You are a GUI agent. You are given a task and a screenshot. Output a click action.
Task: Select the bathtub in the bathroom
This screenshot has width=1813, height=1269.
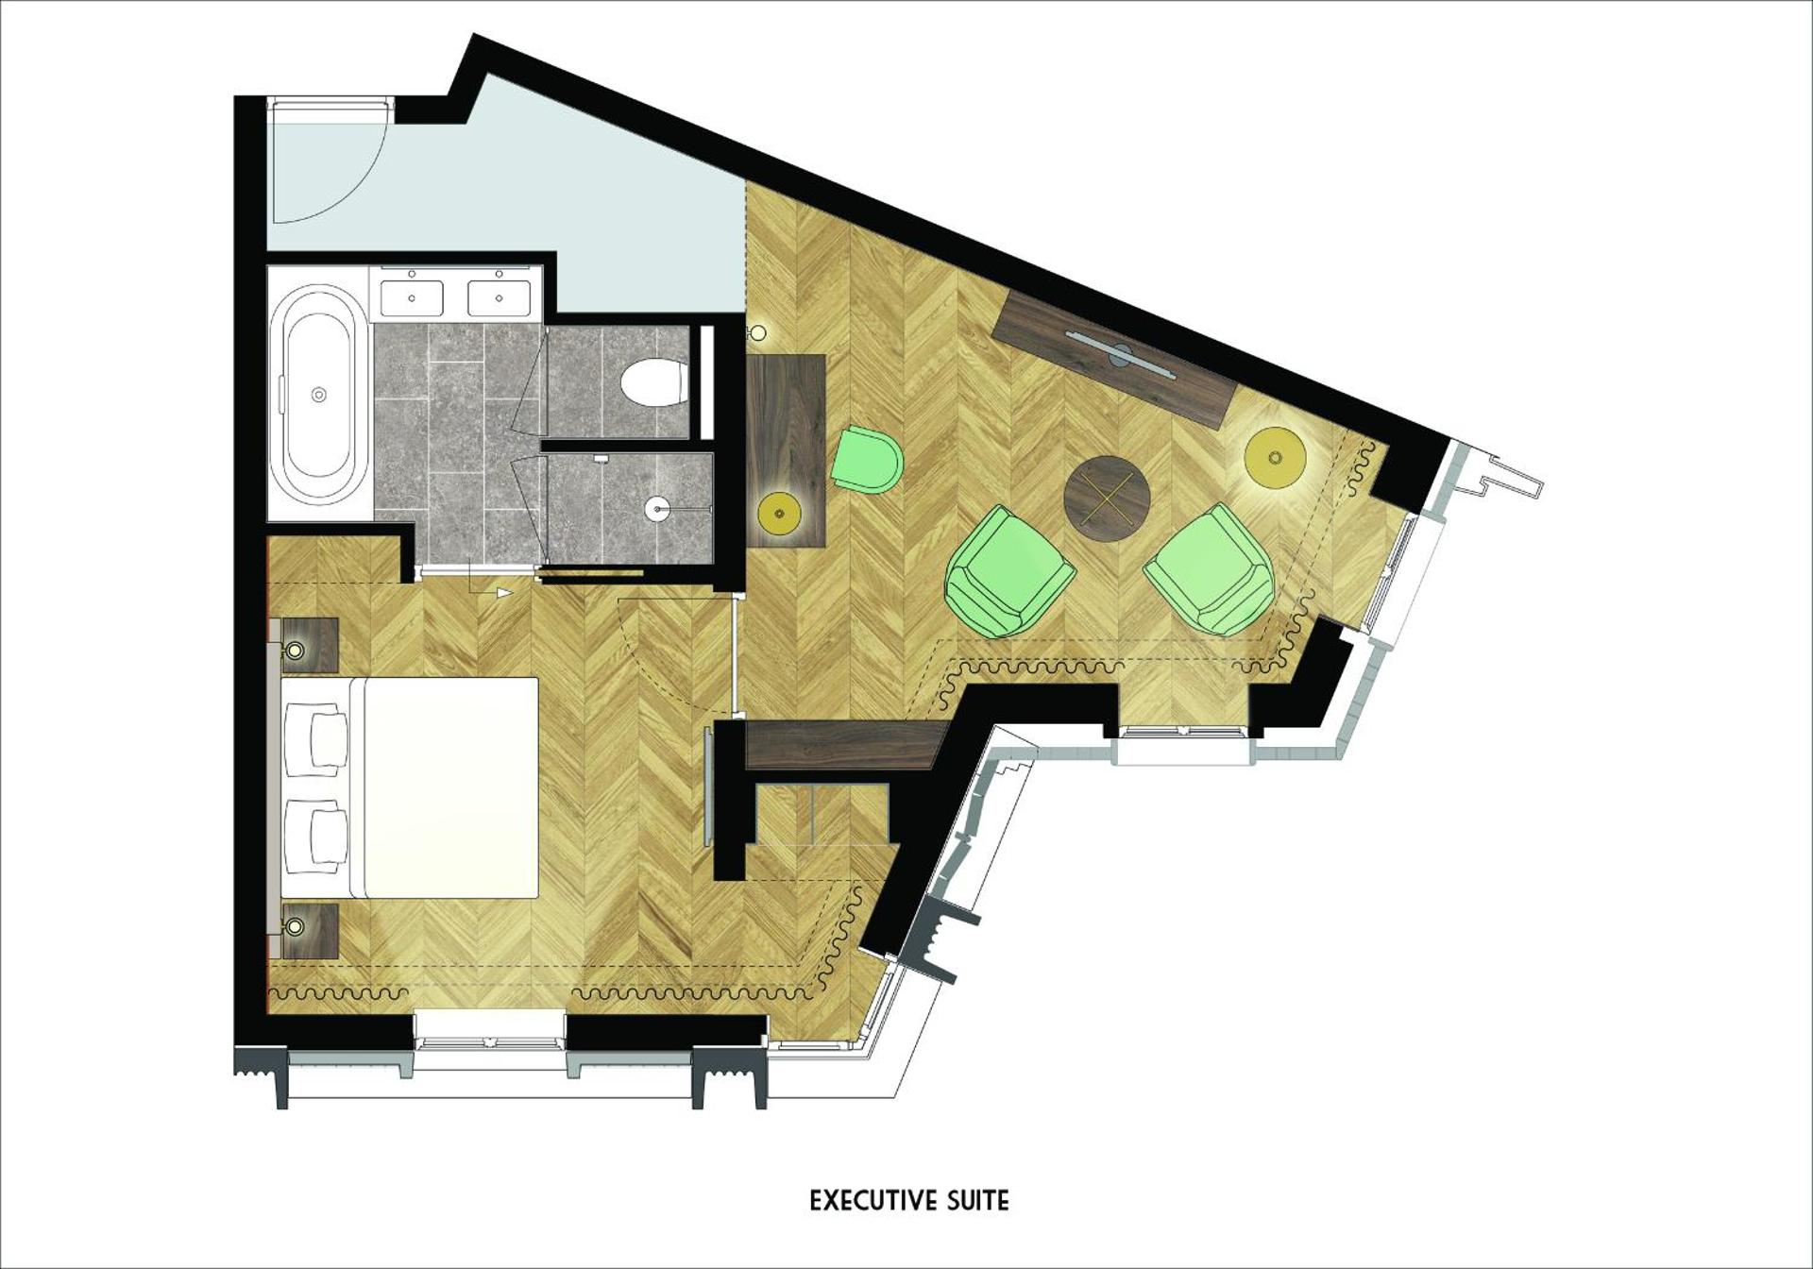[317, 394]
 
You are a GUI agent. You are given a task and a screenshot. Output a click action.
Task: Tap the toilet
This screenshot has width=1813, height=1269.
[653, 382]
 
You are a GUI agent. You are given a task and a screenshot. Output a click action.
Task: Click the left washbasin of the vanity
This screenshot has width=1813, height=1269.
[413, 298]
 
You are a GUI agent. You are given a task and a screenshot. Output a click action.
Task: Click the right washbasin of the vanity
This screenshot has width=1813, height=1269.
[499, 298]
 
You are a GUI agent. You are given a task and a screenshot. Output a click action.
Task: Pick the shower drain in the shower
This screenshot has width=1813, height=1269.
[658, 510]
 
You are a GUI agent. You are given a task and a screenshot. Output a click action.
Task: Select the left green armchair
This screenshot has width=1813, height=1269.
[1008, 570]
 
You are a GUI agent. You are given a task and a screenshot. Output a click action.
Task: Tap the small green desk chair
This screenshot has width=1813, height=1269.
[868, 459]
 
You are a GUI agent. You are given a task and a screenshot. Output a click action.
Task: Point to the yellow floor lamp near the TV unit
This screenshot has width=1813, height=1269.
[1275, 458]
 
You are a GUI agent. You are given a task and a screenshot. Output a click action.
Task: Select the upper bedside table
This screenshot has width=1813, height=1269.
[308, 645]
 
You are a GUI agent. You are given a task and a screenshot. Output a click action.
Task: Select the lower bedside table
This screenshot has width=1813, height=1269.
[308, 930]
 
